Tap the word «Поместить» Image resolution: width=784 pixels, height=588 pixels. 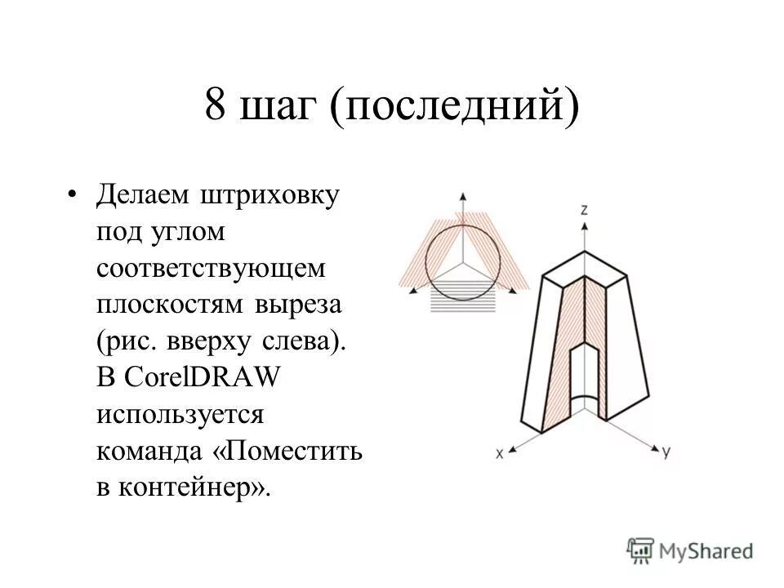click(293, 450)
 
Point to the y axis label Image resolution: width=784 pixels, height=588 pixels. click(666, 452)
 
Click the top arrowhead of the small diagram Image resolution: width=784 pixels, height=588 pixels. click(463, 196)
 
